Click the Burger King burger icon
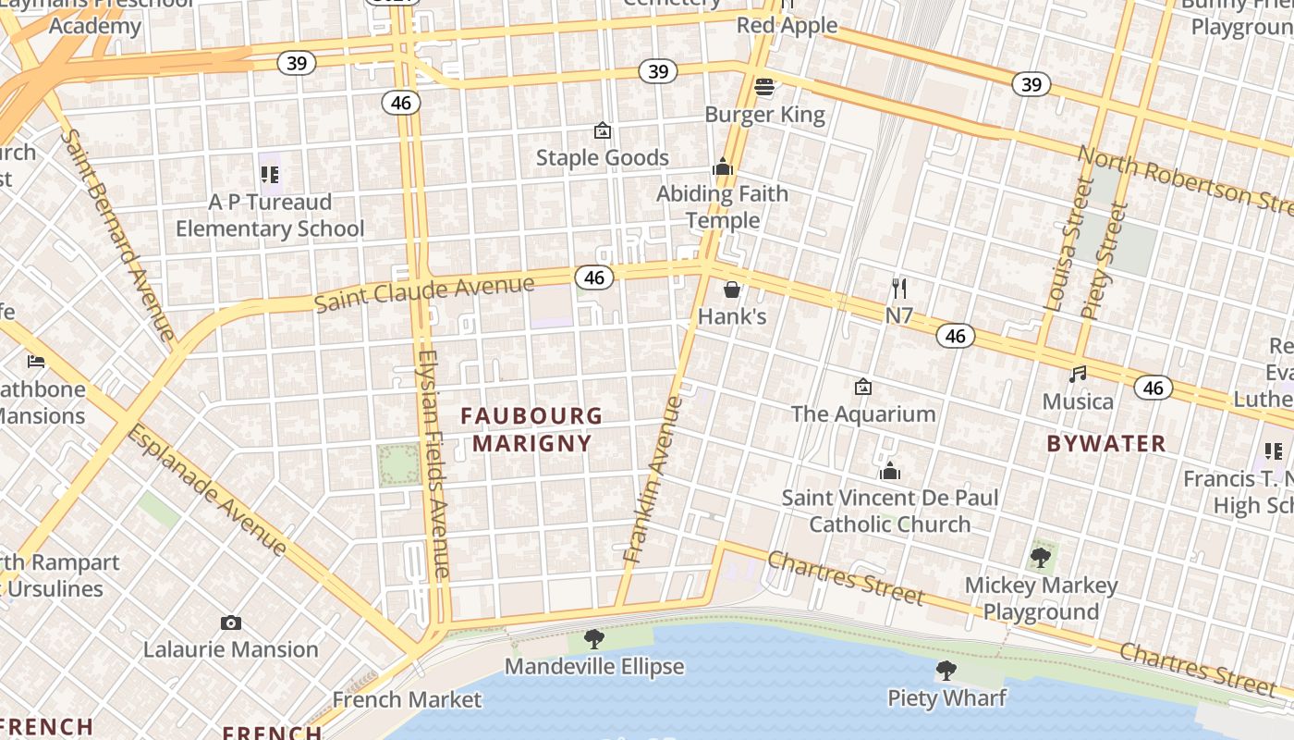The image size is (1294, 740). (764, 88)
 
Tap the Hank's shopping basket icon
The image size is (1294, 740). (732, 290)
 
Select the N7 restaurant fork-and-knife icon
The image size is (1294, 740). (898, 289)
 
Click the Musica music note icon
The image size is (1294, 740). (1078, 375)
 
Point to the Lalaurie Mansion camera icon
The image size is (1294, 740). (231, 623)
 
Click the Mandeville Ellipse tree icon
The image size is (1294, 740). (594, 639)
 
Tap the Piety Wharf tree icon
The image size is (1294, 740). (946, 671)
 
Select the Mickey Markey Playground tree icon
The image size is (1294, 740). (1041, 558)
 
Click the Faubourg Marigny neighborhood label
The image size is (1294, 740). (531, 429)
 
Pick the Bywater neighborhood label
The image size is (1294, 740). (1106, 444)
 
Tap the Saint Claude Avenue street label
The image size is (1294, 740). (424, 293)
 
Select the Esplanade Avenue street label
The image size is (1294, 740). (207, 490)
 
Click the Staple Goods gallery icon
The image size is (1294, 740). (603, 130)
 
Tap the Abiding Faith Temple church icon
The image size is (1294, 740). (722, 167)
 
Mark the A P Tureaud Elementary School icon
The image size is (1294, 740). (270, 174)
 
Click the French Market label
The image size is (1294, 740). (407, 699)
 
